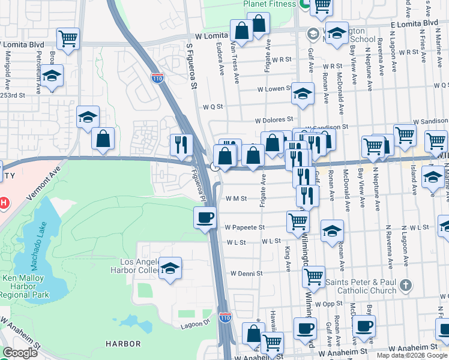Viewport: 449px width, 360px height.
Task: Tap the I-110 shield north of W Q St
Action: tap(157, 78)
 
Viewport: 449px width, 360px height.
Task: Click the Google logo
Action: tap(20, 353)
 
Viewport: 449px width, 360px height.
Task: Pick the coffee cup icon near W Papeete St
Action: tap(205, 217)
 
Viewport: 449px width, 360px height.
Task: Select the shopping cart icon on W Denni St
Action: tap(313, 277)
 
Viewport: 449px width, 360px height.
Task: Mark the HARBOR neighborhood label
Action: tap(123, 344)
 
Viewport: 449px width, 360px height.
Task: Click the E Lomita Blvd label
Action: tap(414, 23)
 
